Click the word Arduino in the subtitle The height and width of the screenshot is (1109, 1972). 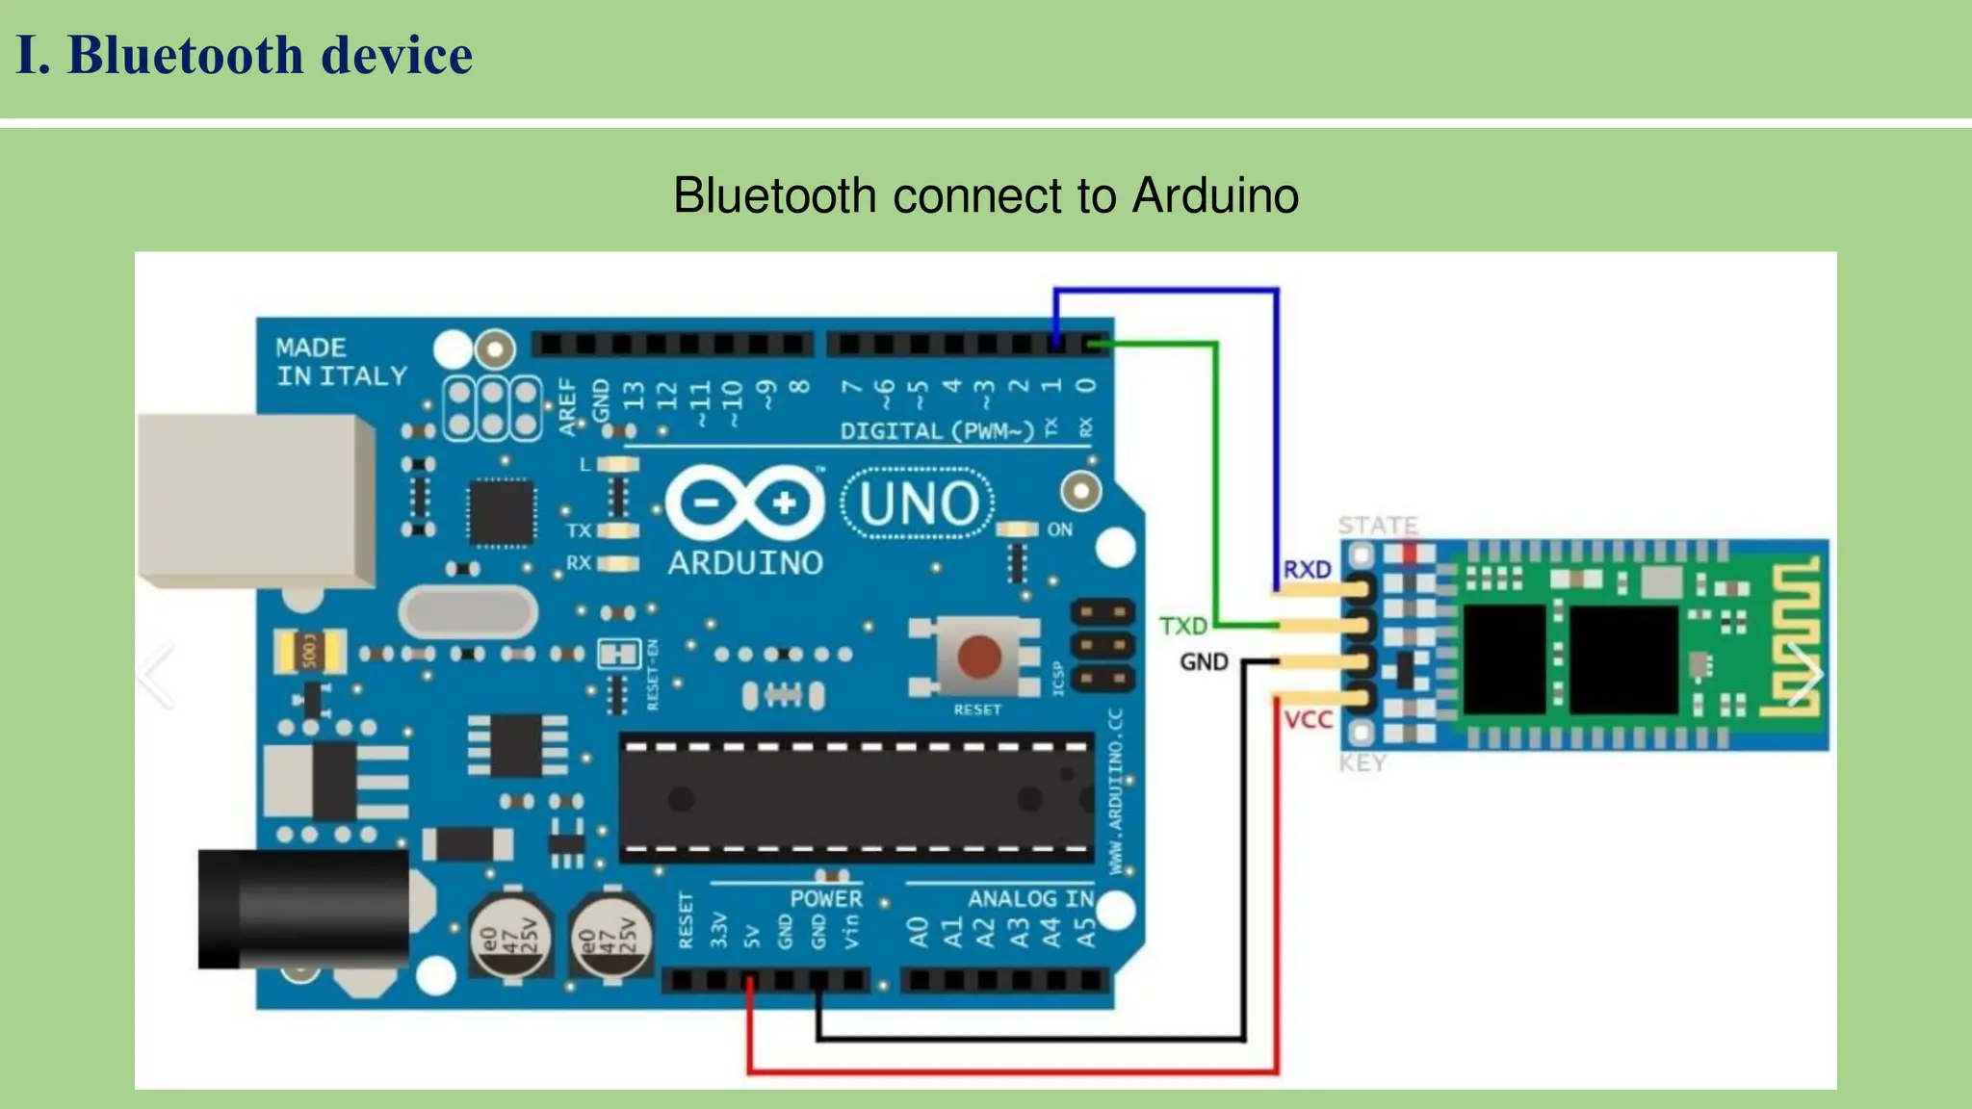click(x=1215, y=195)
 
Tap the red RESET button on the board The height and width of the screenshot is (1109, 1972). click(x=978, y=658)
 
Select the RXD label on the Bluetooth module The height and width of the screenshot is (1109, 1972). click(x=1307, y=570)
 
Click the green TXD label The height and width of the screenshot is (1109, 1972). click(x=1182, y=627)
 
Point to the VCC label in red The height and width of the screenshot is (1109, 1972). click(x=1308, y=720)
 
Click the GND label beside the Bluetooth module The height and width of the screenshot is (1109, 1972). click(x=1204, y=662)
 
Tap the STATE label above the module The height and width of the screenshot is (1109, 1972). click(x=1378, y=526)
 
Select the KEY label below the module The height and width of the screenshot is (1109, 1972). click(x=1362, y=763)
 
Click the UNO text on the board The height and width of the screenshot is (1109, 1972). click(x=919, y=503)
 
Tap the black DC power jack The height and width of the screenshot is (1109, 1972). click(x=303, y=909)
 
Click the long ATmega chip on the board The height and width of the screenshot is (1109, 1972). click(x=856, y=798)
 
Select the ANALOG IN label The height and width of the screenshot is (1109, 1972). click(x=1030, y=898)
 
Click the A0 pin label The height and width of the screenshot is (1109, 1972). click(x=919, y=932)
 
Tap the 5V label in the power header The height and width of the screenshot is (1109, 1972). click(x=752, y=935)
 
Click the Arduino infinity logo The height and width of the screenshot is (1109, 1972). click(x=744, y=503)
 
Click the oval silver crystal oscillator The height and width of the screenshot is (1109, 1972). click(x=468, y=612)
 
